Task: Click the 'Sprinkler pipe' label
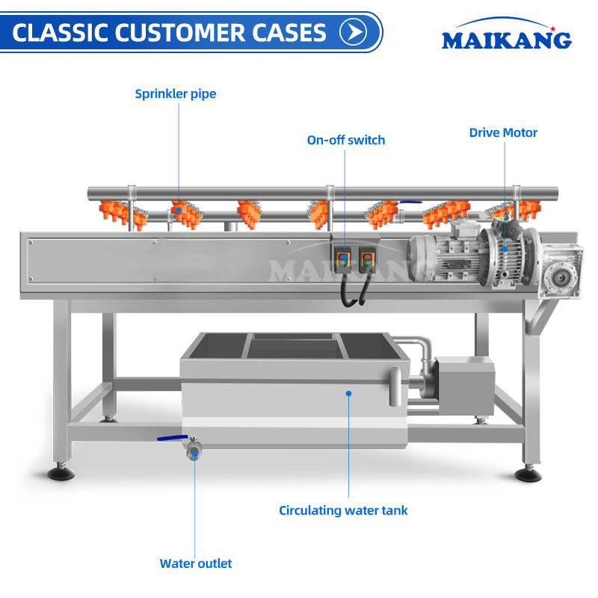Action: [176, 94]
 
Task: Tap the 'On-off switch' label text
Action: [346, 140]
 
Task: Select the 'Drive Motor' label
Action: [503, 132]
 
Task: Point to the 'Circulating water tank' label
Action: [343, 511]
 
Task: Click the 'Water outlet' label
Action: [196, 564]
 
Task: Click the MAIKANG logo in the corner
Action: [507, 34]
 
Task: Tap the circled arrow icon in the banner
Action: [353, 32]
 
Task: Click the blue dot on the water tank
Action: [348, 393]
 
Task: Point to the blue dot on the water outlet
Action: [194, 454]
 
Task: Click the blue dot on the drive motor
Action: [504, 249]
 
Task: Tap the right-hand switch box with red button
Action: [368, 259]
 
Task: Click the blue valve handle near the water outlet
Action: [173, 438]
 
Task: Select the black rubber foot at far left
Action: [61, 473]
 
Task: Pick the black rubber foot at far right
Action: [528, 475]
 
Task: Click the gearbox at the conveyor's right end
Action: [560, 272]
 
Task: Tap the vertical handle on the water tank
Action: [395, 386]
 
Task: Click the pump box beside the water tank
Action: [464, 385]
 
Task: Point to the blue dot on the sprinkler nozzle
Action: [179, 210]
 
